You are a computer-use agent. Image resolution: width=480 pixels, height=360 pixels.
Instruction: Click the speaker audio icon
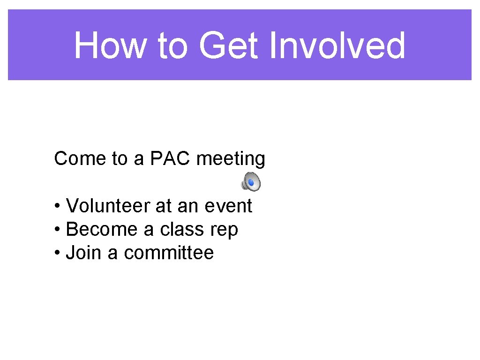click(x=251, y=181)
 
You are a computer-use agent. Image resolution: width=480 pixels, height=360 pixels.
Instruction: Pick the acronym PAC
click(x=171, y=159)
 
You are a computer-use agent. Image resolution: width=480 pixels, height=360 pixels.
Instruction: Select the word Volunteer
click(x=108, y=206)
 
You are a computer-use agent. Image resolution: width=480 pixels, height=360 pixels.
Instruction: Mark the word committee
click(x=169, y=253)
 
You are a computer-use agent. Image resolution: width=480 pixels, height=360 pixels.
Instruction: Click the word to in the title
click(x=172, y=45)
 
